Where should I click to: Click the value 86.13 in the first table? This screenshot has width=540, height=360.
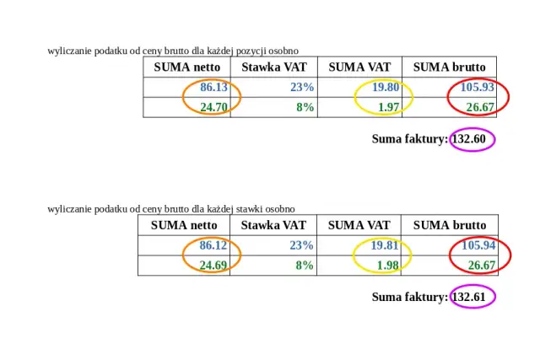(214, 88)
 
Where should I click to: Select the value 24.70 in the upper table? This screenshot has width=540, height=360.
(214, 107)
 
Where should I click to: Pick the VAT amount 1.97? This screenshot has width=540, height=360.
(388, 107)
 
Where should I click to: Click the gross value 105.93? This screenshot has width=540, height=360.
(478, 88)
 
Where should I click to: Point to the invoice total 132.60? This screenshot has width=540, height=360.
(468, 139)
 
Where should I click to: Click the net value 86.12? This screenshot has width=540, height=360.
(213, 245)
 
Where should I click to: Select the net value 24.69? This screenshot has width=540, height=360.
(213, 265)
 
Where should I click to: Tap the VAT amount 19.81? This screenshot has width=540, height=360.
(385, 245)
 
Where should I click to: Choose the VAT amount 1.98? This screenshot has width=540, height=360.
(388, 265)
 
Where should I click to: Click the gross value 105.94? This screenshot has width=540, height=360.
(478, 245)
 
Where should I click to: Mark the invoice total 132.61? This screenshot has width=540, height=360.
(469, 297)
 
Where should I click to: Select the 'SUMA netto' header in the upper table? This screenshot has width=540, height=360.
(187, 67)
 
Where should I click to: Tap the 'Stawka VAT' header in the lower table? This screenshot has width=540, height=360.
(273, 225)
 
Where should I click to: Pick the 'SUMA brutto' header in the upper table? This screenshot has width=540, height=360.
(449, 67)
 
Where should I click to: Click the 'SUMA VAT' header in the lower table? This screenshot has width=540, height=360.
(359, 225)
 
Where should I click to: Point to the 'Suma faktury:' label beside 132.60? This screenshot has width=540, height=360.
(410, 139)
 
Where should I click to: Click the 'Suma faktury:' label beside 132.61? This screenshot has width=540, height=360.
(410, 297)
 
